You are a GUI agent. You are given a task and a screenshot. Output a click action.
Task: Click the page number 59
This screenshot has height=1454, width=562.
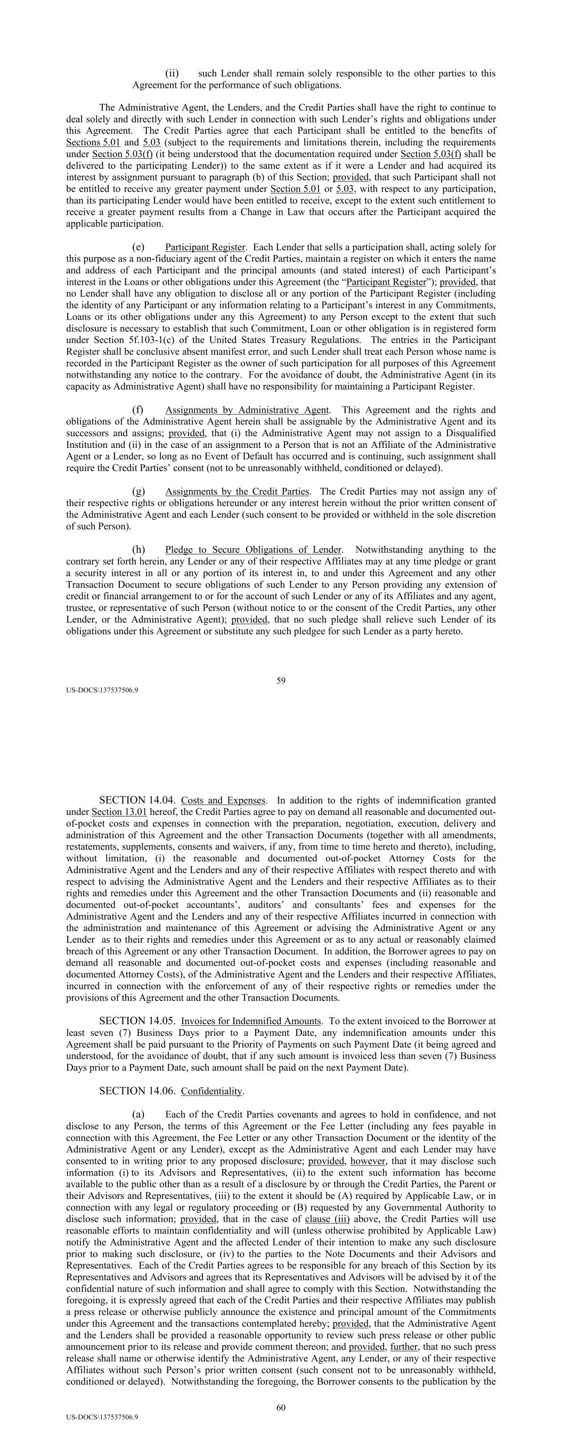(281, 680)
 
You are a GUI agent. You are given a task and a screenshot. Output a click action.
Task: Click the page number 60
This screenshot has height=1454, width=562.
(281, 1407)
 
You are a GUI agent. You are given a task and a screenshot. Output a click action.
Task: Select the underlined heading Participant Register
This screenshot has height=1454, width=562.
(205, 247)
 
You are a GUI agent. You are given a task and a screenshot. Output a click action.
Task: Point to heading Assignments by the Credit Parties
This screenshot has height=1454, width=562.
(237, 491)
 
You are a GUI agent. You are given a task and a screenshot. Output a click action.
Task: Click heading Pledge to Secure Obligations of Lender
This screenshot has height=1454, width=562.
(253, 549)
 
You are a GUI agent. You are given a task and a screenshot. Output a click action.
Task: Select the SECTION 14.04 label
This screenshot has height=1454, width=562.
(137, 800)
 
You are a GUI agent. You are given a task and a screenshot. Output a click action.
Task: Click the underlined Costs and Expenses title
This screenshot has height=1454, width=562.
(223, 800)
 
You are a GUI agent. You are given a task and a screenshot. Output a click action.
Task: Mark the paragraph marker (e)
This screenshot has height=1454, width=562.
(139, 247)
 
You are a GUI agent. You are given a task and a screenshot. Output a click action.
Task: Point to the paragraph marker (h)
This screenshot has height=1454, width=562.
(139, 549)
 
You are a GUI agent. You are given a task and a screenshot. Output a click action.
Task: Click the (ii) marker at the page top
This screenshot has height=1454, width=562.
(172, 73)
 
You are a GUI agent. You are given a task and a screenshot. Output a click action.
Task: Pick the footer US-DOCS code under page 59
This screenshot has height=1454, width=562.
(102, 690)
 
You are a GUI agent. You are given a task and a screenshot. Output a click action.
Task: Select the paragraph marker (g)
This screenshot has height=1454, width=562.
(139, 491)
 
